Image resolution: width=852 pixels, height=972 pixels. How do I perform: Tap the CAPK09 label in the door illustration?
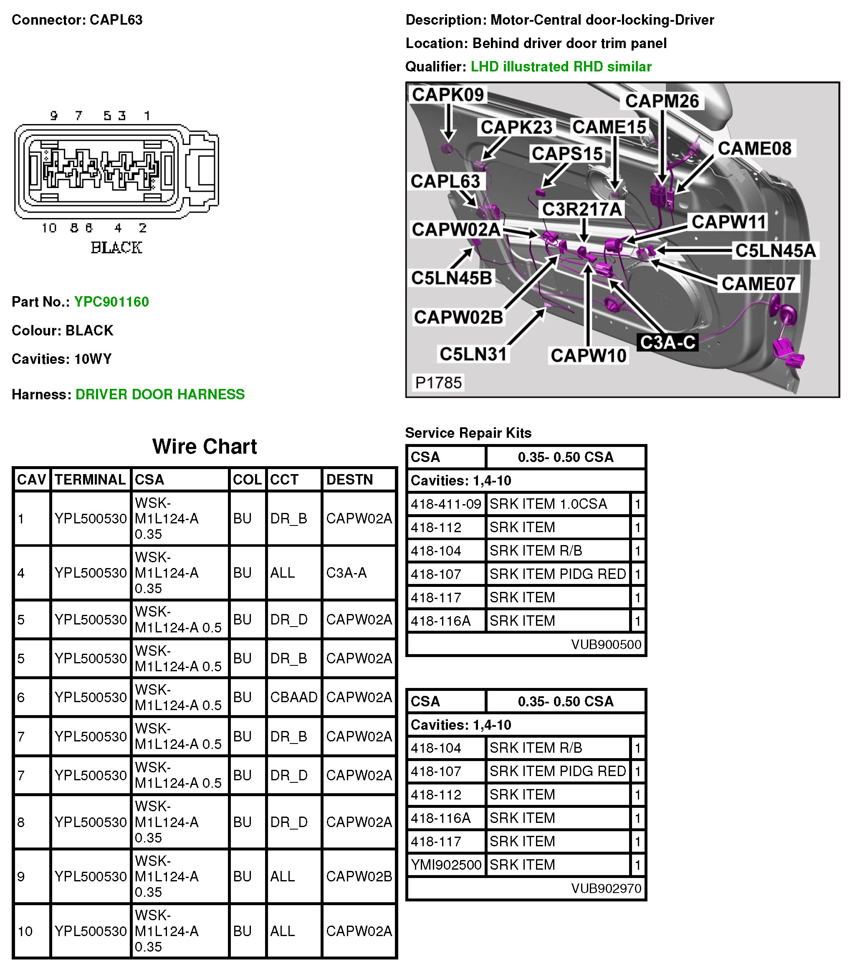447,95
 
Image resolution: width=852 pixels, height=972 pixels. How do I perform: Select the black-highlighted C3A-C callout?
667,343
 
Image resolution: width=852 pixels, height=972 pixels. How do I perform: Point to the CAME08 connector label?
754,148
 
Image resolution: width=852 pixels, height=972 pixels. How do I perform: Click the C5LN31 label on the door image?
473,354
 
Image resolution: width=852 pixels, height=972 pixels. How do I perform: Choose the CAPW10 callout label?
588,355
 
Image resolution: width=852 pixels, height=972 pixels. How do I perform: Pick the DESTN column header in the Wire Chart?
349,480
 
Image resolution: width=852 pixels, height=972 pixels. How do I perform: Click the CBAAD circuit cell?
293,697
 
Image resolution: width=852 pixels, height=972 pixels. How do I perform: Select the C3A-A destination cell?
346,573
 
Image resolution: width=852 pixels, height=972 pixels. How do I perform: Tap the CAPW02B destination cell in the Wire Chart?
359,876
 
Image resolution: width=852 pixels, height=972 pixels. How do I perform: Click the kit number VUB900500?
606,645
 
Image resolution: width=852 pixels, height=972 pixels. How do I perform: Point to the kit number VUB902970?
606,888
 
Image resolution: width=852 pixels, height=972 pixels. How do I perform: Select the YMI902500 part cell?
446,865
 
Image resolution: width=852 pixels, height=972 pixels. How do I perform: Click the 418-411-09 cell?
446,504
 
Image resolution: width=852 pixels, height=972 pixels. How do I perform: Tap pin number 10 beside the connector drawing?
49,228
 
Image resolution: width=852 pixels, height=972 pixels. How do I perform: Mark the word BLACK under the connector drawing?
116,247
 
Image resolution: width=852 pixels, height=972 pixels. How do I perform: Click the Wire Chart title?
204,447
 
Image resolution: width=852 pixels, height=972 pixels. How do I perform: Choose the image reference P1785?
438,382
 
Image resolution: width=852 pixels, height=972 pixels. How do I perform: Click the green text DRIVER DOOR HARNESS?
160,394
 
